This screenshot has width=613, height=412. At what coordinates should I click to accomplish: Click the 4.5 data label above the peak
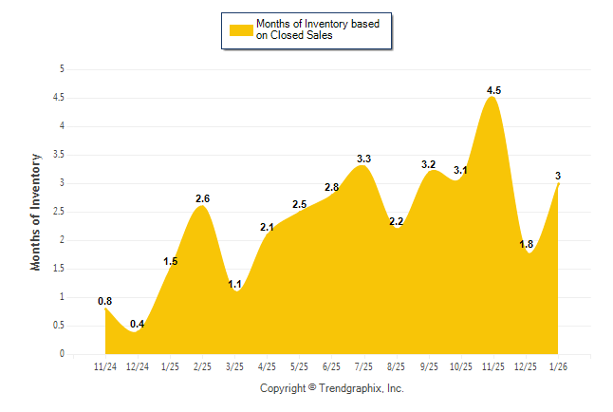[493, 90]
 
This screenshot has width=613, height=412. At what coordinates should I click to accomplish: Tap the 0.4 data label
[138, 325]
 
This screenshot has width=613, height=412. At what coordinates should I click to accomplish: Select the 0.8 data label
[105, 302]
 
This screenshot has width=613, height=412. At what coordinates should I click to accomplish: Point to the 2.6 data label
[202, 198]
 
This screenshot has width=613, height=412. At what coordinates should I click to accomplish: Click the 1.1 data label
[234, 284]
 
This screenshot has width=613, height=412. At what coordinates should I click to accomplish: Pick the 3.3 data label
[363, 159]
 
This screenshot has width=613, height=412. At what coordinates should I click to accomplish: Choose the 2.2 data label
[396, 221]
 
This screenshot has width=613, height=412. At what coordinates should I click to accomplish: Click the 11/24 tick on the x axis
[105, 365]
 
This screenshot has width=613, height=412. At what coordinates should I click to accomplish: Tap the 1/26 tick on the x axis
[558, 365]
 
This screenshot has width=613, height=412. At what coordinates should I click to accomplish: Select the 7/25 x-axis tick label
[363, 365]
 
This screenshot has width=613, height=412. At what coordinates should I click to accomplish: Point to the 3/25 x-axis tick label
[234, 365]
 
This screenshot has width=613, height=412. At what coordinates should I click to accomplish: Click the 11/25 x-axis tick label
[492, 365]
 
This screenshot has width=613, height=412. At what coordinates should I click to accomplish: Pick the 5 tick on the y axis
[62, 69]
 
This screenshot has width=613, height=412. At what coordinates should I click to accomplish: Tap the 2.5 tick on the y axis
[58, 212]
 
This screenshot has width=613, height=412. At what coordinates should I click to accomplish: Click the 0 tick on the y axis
[62, 354]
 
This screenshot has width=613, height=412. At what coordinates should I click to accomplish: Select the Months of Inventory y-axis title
[36, 212]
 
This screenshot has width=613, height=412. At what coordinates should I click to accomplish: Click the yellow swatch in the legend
[241, 29]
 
